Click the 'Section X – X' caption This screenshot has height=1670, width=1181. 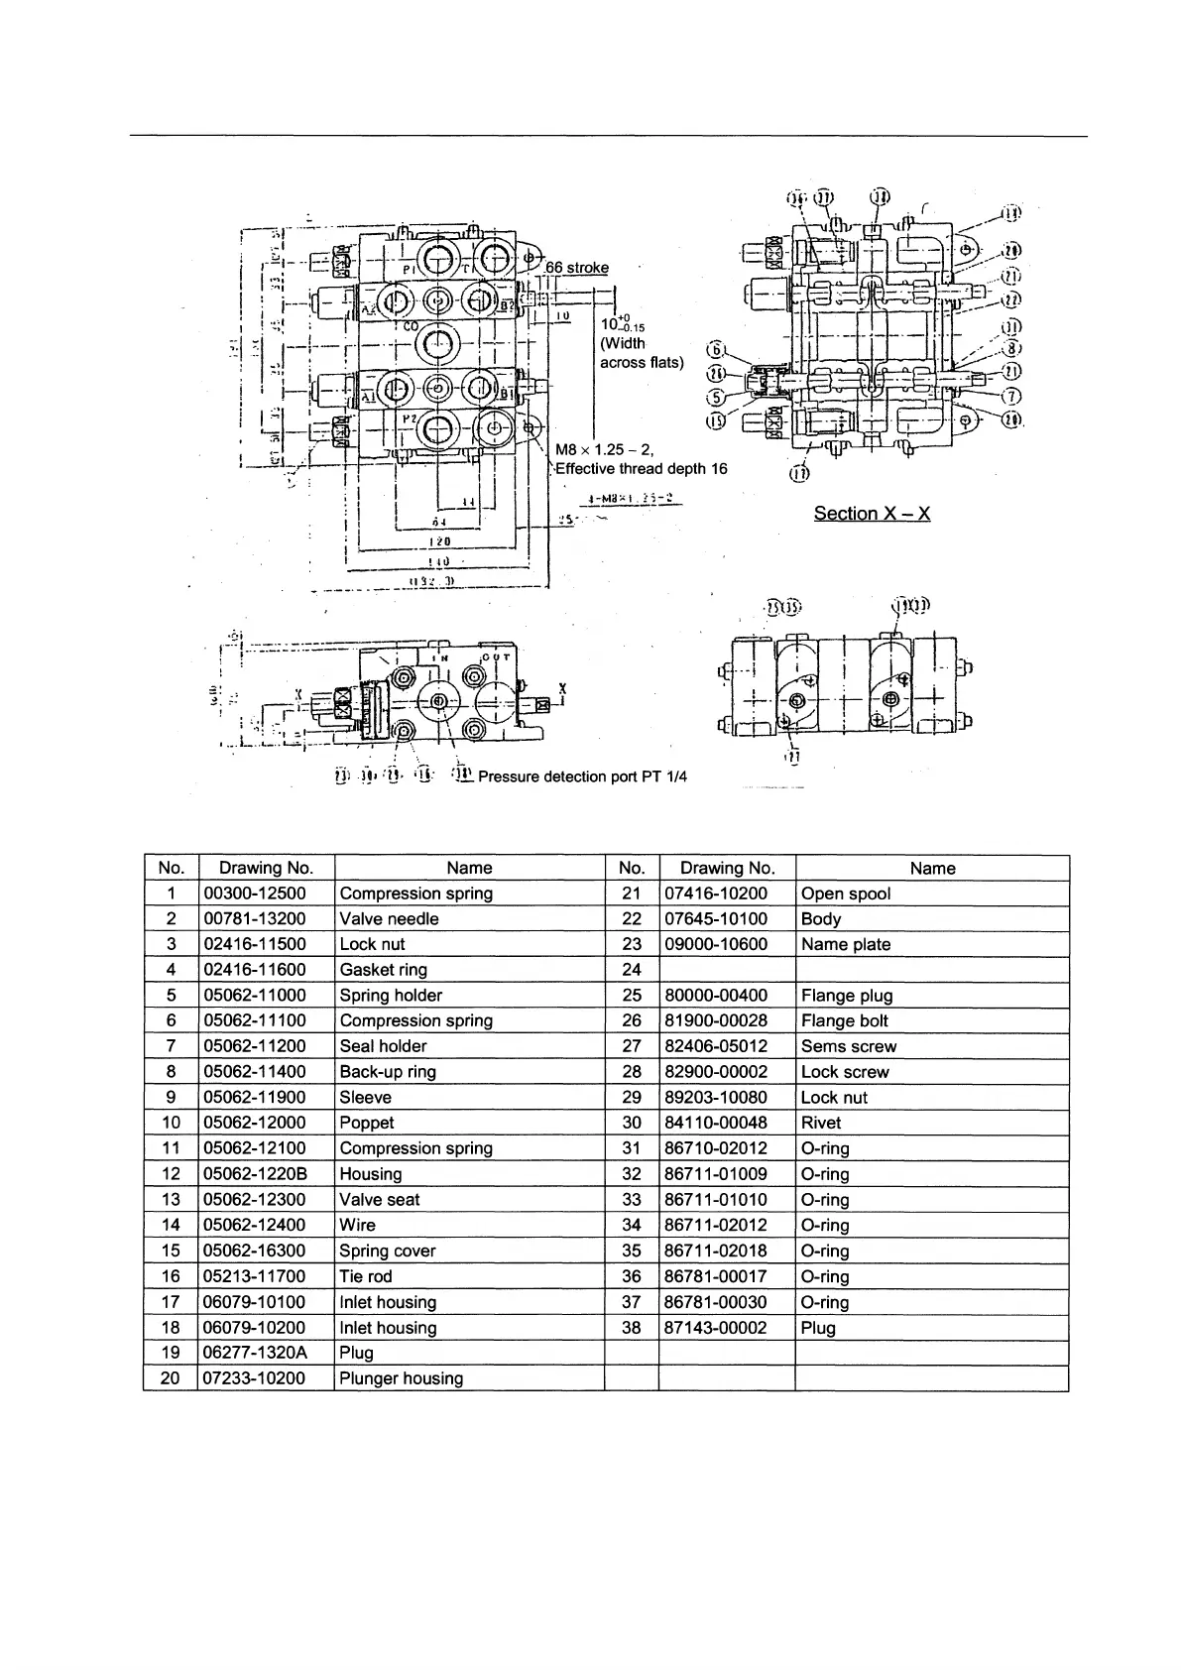[x=872, y=513]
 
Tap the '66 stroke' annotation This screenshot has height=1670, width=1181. [x=577, y=268]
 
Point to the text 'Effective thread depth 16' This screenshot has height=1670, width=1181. [x=642, y=468]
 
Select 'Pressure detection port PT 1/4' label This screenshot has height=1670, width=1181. [x=582, y=776]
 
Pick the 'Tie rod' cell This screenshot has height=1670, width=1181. [x=366, y=1276]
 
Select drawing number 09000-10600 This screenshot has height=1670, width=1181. [x=715, y=944]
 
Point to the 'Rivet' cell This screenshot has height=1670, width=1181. [x=821, y=1123]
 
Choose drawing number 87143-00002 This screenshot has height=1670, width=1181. [x=715, y=1328]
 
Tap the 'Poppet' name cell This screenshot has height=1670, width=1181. [x=367, y=1123]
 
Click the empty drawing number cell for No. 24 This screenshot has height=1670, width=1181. [x=726, y=970]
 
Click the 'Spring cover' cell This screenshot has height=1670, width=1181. [x=388, y=1251]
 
